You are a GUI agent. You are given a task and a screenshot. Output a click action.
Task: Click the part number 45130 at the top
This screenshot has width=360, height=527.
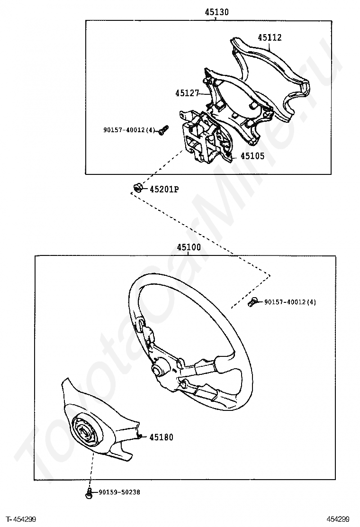(x=216, y=12)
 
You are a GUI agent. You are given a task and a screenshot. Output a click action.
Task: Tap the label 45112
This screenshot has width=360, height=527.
(x=270, y=37)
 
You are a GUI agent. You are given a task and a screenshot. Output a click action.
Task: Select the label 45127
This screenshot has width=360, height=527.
(x=187, y=93)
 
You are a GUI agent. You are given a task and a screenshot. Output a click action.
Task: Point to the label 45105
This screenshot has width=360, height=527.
(x=252, y=156)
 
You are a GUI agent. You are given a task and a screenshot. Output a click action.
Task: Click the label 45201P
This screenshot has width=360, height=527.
(x=164, y=189)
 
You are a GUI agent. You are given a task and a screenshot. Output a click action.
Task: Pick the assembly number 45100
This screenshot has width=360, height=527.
(x=189, y=248)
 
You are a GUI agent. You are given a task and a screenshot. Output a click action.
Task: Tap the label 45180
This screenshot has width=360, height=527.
(x=161, y=437)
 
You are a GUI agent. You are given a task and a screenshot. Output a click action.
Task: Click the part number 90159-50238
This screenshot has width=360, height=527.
(x=119, y=492)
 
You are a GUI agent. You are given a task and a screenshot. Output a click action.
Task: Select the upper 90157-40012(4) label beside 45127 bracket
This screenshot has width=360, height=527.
(x=129, y=130)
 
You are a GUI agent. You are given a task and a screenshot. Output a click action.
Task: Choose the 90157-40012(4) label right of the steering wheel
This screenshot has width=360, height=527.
(x=290, y=302)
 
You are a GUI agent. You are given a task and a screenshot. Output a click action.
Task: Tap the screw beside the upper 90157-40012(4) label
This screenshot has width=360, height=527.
(x=163, y=130)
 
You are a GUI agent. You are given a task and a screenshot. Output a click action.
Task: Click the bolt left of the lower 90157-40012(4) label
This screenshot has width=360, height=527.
(x=253, y=302)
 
